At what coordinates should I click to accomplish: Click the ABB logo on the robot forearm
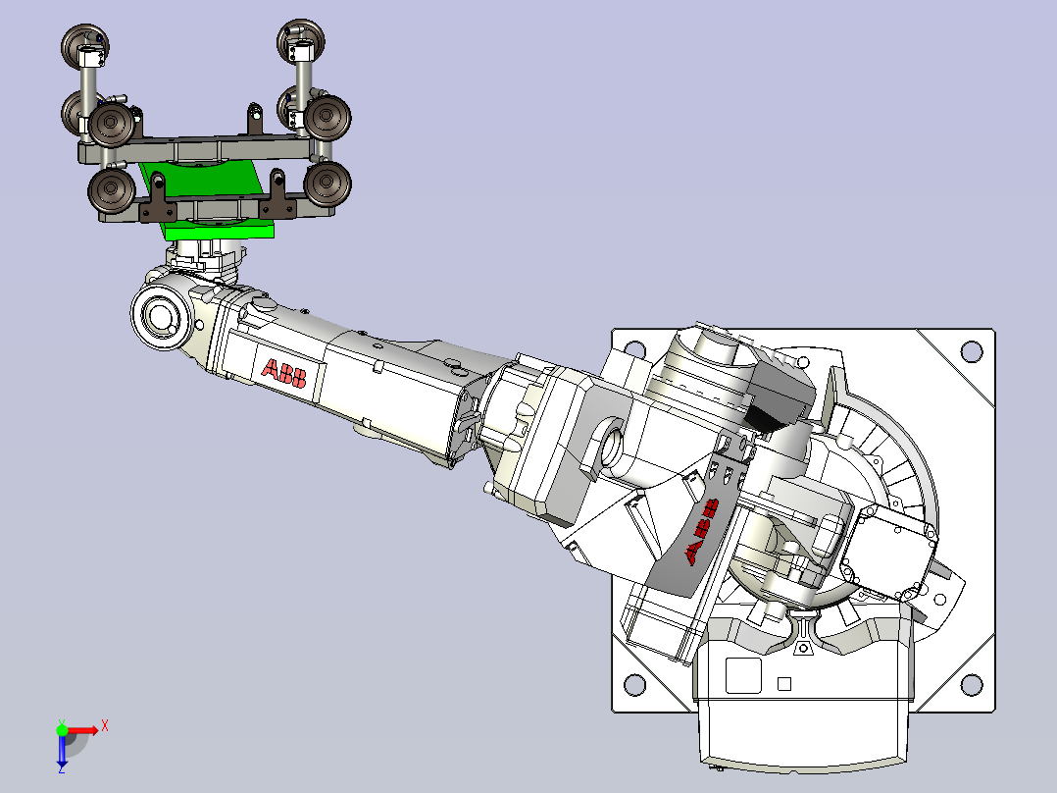coord(283,373)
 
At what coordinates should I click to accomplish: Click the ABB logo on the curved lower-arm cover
coord(702,531)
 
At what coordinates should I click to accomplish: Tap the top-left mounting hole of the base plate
coord(634,349)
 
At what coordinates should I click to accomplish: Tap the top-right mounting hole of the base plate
coord(971,351)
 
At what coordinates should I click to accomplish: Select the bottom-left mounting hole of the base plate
coord(634,684)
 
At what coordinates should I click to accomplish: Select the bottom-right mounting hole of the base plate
coord(971,685)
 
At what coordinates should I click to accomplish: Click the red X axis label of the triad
coord(105,727)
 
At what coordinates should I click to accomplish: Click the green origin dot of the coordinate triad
coord(62,730)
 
